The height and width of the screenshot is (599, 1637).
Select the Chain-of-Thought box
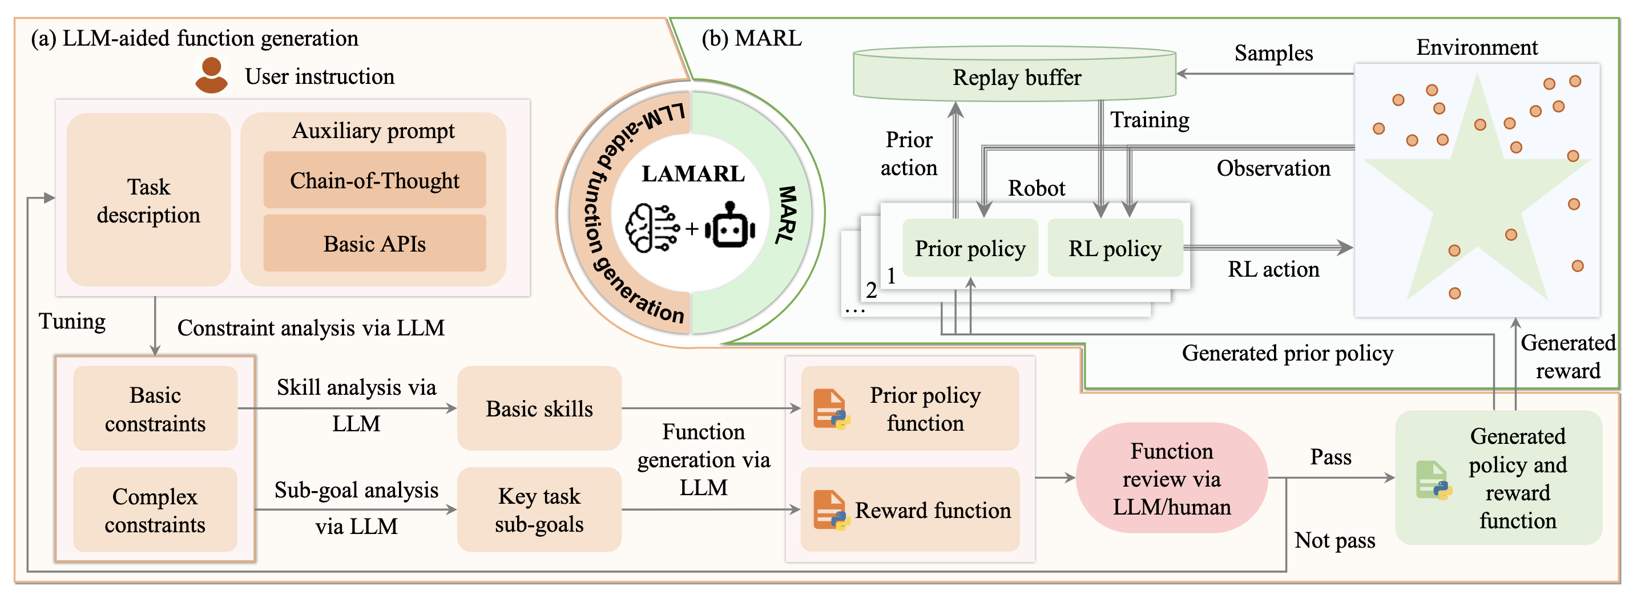click(x=374, y=180)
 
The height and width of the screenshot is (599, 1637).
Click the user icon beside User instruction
click(x=211, y=76)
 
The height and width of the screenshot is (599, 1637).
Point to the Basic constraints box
click(x=155, y=408)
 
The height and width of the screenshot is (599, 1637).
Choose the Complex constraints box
click(x=155, y=510)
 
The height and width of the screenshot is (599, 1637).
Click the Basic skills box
click(x=539, y=408)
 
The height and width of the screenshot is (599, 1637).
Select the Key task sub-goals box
click(x=539, y=510)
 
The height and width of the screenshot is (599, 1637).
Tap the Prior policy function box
click(x=910, y=408)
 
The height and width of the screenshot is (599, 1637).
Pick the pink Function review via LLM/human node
click(x=1171, y=478)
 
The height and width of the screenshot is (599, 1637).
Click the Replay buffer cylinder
click(x=1015, y=76)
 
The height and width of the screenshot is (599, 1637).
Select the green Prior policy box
click(x=970, y=248)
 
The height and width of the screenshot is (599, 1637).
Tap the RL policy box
click(x=1115, y=248)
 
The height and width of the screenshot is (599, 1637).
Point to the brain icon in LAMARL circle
click(x=651, y=228)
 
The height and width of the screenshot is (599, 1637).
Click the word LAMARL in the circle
click(x=693, y=174)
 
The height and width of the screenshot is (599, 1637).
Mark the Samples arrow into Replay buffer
click(x=1265, y=74)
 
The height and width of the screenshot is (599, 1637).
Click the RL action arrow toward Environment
click(x=1268, y=248)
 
